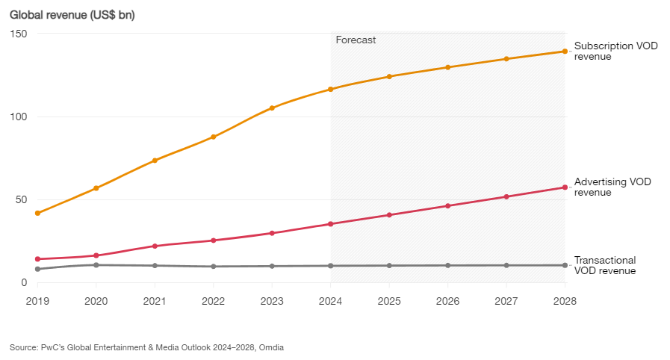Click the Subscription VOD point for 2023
272,108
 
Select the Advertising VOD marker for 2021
155,246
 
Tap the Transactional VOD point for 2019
37,269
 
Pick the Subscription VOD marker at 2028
565,51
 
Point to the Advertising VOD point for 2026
447,205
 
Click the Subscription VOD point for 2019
37,213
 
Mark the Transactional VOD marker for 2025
389,265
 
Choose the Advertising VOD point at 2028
565,187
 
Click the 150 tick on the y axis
19,34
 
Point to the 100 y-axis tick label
19,117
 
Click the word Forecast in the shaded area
356,40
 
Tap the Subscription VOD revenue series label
605,51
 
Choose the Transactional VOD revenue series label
605,265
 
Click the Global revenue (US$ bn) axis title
72,15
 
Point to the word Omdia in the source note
271,347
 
